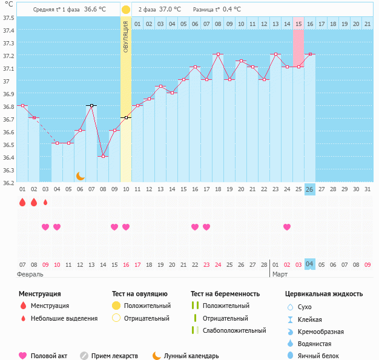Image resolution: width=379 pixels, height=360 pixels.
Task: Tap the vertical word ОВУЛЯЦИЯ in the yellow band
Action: pyautogui.click(x=126, y=36)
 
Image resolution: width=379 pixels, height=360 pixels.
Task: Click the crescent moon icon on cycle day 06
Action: pyautogui.click(x=80, y=175)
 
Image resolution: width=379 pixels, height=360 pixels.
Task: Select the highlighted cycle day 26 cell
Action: pyautogui.click(x=309, y=189)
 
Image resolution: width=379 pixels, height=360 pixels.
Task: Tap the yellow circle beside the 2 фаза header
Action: pyautogui.click(x=125, y=10)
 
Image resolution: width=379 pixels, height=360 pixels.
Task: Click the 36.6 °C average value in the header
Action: pyautogui.click(x=94, y=10)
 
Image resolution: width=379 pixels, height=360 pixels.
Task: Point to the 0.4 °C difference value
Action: pyautogui.click(x=231, y=10)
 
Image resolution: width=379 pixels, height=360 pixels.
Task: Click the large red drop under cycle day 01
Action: pyautogui.click(x=22, y=202)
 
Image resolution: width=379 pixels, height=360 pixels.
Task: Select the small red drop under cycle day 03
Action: pyautogui.click(x=45, y=202)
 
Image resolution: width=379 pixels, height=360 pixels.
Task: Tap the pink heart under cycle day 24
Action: pyautogui.click(x=286, y=227)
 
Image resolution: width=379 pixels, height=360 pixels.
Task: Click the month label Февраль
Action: pyautogui.click(x=30, y=274)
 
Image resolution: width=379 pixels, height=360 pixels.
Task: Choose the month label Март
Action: pyautogui.click(x=280, y=274)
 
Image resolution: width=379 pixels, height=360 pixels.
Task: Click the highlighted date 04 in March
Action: pyautogui.click(x=309, y=264)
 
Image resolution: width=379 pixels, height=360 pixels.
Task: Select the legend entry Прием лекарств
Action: pyautogui.click(x=114, y=356)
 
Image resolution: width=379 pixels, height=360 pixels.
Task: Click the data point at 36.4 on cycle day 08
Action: pyautogui.click(x=103, y=156)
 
